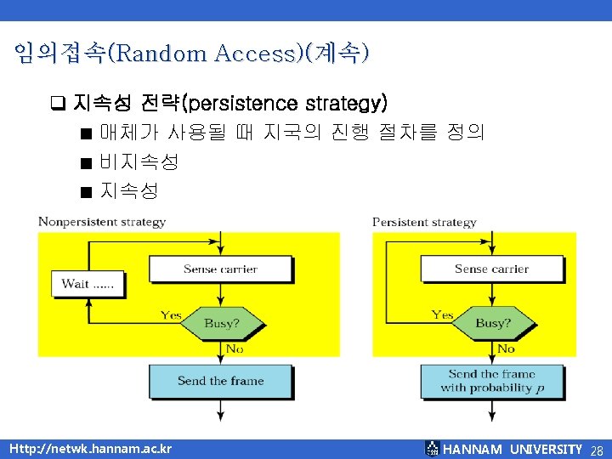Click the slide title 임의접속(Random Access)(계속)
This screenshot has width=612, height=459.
(192, 54)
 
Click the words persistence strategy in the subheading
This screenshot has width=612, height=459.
(286, 104)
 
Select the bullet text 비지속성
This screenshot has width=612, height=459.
(139, 161)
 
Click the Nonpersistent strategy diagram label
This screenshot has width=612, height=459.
(102, 222)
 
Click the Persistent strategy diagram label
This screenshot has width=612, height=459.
(424, 222)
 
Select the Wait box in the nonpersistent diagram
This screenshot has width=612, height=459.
(88, 284)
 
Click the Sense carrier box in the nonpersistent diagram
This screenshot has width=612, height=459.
(220, 269)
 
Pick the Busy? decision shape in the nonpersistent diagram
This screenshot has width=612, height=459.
(221, 324)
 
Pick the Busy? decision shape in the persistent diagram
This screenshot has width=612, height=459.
(492, 324)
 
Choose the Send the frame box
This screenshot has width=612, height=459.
(220, 381)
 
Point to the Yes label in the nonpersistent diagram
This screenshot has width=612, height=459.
(171, 314)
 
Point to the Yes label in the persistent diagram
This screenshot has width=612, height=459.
(442, 314)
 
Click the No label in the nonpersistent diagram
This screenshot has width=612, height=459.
(235, 348)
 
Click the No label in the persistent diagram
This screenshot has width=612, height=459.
(506, 348)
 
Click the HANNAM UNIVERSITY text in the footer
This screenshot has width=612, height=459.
(513, 449)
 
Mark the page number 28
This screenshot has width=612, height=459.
(596, 450)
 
